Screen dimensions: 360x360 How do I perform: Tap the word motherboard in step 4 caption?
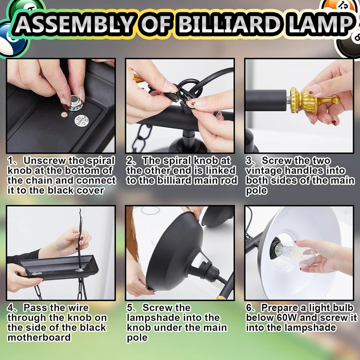point(39,337)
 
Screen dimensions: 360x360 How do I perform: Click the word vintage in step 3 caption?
point(263,171)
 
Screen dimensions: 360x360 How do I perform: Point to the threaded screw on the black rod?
point(286,100)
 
